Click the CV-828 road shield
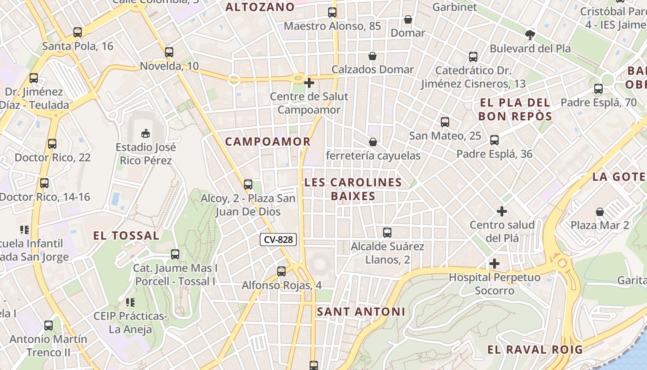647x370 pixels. [278, 240]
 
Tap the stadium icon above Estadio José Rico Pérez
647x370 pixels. [146, 133]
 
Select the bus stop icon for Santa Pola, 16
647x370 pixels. [78, 32]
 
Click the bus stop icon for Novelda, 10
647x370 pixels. [169, 52]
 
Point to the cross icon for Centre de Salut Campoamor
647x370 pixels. [309, 83]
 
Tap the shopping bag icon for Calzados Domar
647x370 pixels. [372, 56]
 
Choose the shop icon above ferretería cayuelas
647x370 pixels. [372, 142]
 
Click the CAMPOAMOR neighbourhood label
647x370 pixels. [268, 142]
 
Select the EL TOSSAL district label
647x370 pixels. [126, 235]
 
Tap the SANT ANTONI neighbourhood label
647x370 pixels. [361, 312]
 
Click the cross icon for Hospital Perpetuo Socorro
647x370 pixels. [494, 264]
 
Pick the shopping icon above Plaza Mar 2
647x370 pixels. [600, 212]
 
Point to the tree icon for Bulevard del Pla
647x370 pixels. [530, 35]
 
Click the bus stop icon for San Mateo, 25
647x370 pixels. [445, 122]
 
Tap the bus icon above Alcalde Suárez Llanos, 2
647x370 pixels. [387, 233]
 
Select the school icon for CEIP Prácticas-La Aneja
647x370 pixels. [130, 302]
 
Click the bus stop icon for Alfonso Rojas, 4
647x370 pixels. [281, 271]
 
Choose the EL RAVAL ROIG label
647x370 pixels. [535, 350]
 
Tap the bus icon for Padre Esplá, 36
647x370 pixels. [494, 140]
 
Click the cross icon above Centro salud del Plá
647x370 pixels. [502, 211]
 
